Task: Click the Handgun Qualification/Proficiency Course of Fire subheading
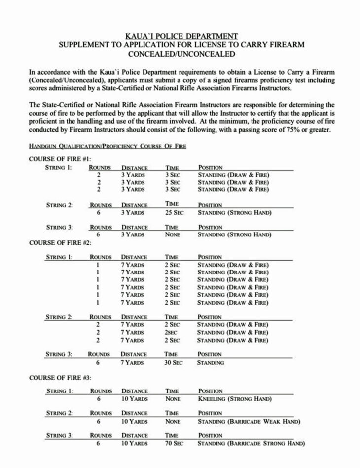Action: pos(108,147)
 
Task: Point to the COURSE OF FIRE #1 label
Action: pos(60,159)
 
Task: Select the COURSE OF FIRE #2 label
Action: pos(60,243)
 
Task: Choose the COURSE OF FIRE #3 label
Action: pos(60,378)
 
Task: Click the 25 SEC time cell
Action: pos(174,213)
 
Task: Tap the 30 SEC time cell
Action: pos(174,362)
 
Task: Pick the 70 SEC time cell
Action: pos(174,444)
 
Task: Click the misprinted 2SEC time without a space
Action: pos(172,332)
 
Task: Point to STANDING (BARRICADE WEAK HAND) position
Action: pos(249,421)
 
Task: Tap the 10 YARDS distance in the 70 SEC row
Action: pos(135,444)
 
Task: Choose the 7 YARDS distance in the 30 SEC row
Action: pos(133,362)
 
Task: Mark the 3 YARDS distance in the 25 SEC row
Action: pos(133,213)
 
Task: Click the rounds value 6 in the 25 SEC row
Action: pos(99,213)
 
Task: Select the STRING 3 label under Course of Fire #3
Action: pos(59,435)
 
